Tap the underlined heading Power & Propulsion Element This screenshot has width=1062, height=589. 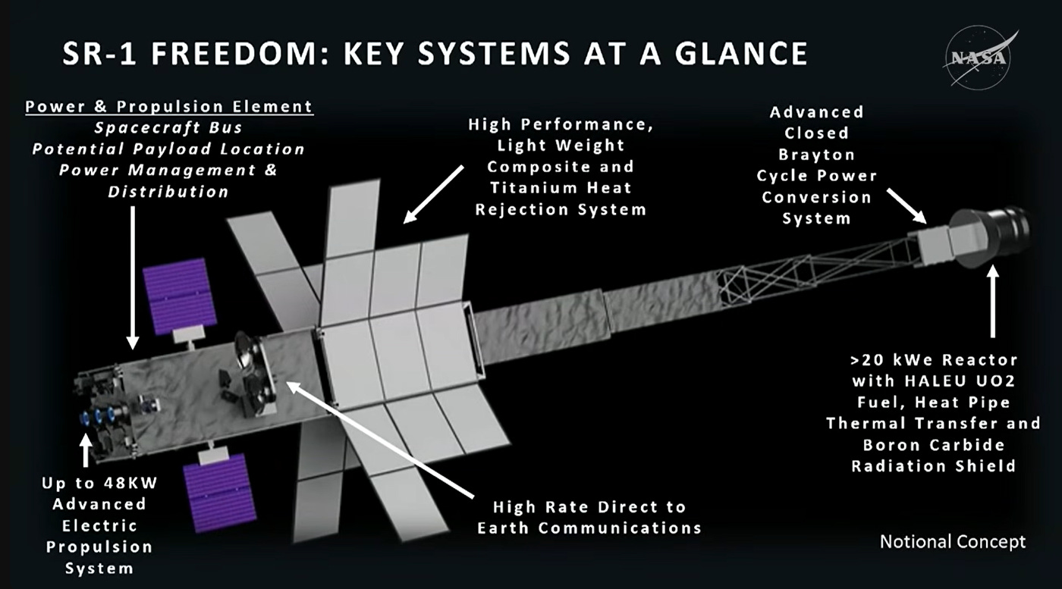(168, 107)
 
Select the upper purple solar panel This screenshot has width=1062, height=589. (176, 296)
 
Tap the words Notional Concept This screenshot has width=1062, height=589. (952, 541)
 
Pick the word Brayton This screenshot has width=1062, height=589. (816, 155)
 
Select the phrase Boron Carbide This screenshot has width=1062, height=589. (933, 445)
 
